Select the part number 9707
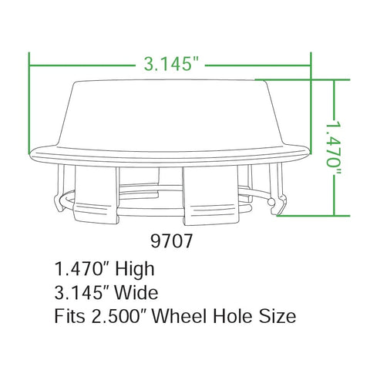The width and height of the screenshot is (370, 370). [x=170, y=239]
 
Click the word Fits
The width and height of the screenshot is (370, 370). [x=69, y=316]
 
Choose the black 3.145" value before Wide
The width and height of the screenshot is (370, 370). [x=84, y=293]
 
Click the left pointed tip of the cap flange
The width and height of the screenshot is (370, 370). [x=32, y=154]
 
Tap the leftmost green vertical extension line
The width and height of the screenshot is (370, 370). [x=29, y=100]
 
